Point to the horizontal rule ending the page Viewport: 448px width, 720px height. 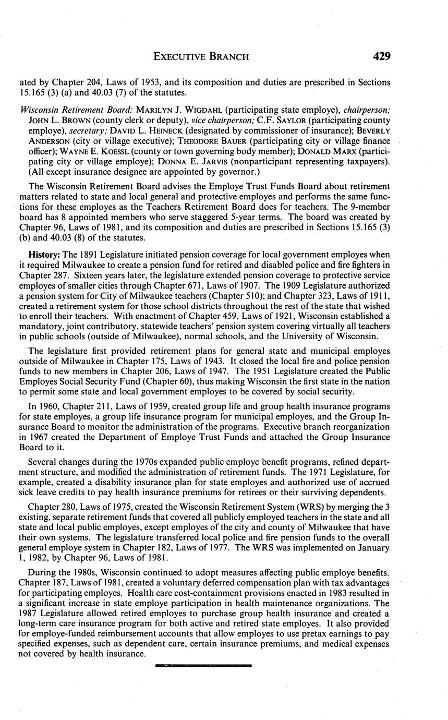pos(203,665)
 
